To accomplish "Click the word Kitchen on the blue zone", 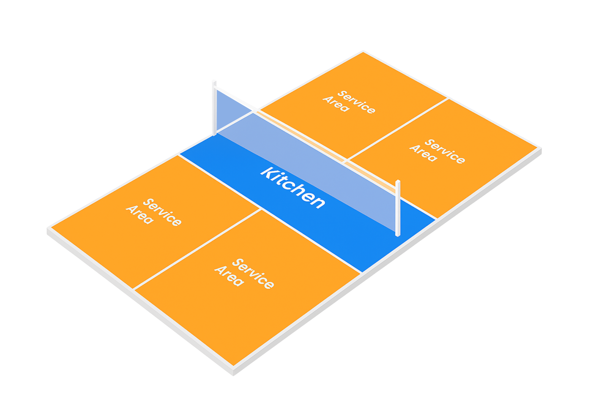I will tap(293, 188).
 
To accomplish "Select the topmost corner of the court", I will tap(363, 52).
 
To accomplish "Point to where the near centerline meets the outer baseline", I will tap(133, 289).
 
